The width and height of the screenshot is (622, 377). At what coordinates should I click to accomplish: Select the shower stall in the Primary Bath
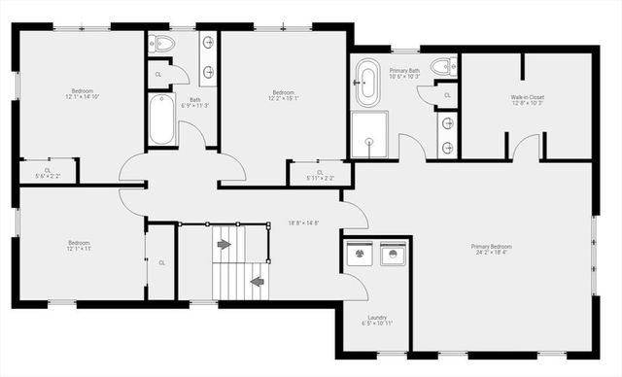[x=369, y=134]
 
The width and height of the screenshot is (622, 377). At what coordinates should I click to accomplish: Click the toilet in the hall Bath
[x=163, y=44]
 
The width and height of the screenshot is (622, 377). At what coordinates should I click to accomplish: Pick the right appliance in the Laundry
[x=393, y=254]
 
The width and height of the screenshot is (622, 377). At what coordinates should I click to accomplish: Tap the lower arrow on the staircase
[x=257, y=282]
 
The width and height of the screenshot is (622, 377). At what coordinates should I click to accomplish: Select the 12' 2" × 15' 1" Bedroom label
[x=283, y=95]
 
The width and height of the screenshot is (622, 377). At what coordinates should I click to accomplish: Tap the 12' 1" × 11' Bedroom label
[x=79, y=245]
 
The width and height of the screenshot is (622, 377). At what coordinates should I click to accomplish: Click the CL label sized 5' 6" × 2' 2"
[x=48, y=173]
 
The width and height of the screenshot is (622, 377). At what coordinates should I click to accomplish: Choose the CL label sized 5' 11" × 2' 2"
[x=320, y=175]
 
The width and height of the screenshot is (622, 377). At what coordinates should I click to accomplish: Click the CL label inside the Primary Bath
[x=448, y=95]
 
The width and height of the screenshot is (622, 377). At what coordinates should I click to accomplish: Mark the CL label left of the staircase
[x=161, y=262]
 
